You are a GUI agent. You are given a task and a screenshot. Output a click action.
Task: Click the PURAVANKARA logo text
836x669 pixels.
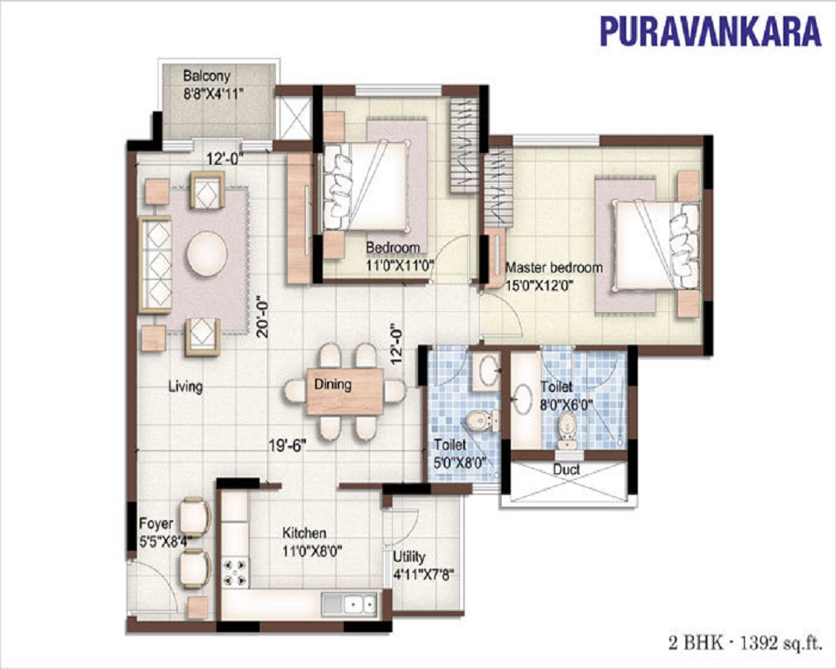710,31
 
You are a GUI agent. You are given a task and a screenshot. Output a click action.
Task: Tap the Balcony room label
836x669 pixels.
206,75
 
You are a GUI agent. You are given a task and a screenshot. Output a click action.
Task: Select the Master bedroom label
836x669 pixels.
554,268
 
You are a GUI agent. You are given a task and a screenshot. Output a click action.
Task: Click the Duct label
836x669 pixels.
566,470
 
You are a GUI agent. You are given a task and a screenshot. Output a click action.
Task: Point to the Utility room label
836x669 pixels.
409,557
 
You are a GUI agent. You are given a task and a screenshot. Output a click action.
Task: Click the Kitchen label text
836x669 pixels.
304,533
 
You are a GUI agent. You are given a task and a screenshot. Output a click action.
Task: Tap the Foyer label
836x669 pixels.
155,523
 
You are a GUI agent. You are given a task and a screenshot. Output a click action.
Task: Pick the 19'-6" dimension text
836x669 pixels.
288,445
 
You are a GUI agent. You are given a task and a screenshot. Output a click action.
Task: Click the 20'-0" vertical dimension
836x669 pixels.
262,317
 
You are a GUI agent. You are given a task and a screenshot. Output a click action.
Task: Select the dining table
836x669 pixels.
345,391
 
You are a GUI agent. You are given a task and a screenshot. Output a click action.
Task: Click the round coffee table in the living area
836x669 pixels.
206,253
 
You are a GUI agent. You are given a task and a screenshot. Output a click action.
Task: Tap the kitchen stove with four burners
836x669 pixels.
235,573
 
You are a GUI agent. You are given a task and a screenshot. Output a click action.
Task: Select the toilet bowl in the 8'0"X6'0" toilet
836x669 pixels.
566,430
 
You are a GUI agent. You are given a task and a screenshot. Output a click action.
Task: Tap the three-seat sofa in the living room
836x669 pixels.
155,264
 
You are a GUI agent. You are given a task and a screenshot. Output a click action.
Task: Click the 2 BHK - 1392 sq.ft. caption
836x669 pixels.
744,643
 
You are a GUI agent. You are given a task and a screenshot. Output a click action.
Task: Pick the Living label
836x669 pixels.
186,386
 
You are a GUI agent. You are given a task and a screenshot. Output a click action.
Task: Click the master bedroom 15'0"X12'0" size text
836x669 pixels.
539,285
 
